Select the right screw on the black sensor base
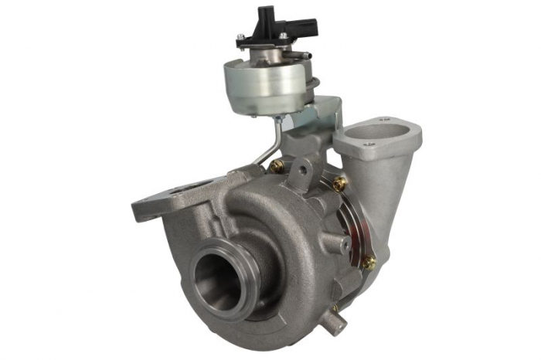[284, 36]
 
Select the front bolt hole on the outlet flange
[370, 144]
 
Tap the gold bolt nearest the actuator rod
[277, 166]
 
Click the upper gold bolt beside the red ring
[340, 183]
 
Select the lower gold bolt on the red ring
[369, 262]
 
